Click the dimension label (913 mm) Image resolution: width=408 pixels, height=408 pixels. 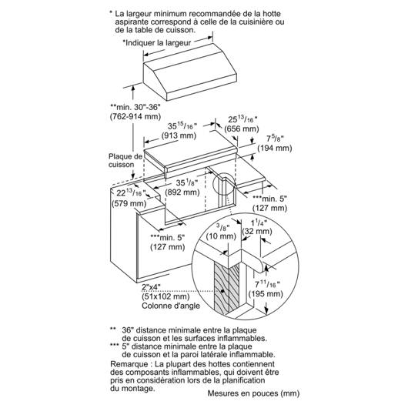tap(179, 135)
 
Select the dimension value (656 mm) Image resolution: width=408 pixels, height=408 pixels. tap(242, 129)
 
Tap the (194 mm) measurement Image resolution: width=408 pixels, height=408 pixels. tap(275, 148)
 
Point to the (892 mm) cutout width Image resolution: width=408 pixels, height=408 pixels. tap(182, 192)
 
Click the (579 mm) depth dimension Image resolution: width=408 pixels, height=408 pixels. tap(129, 203)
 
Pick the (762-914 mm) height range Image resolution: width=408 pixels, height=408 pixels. tap(135, 116)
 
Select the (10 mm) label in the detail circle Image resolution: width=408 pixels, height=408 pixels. tap(221, 236)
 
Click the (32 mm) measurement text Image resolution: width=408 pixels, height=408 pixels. tap(257, 231)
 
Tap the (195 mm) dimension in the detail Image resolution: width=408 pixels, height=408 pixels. tap(266, 294)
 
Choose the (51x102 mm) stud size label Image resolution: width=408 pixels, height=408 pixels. tap(166, 296)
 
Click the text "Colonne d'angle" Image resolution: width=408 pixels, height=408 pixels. tap(171, 306)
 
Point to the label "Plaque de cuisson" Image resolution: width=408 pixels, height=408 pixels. tap(125, 161)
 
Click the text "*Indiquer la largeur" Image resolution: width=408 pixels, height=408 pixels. tap(156, 43)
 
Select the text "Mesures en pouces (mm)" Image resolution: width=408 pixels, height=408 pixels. tap(253, 393)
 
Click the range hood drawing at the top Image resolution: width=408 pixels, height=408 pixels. tap(190, 72)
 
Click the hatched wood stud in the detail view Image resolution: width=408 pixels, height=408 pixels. tap(226, 288)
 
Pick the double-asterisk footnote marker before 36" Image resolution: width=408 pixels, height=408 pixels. tap(112, 329)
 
